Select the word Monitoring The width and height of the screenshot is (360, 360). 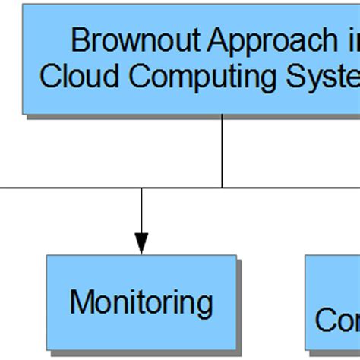(141, 303)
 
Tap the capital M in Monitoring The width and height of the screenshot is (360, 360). (80, 302)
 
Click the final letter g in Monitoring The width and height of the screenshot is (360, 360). (205, 305)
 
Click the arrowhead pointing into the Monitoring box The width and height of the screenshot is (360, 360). (142, 242)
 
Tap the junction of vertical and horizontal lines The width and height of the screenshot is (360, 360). (223, 187)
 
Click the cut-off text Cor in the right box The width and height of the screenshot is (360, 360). (337, 320)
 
